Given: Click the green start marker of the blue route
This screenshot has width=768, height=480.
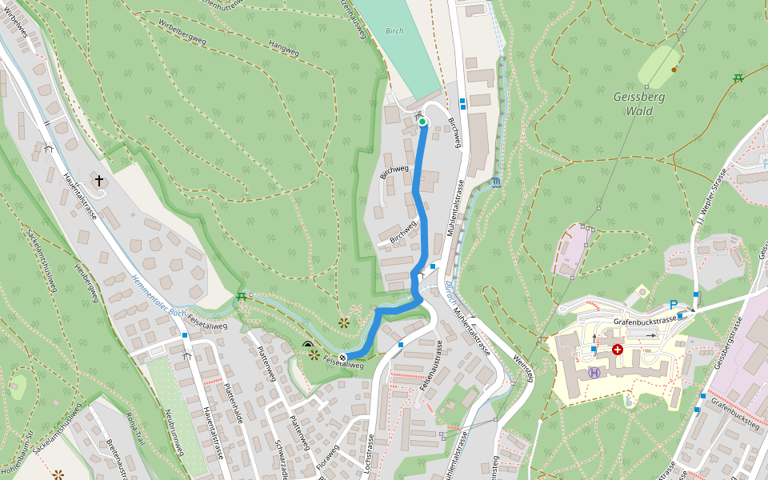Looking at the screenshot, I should click(422, 122).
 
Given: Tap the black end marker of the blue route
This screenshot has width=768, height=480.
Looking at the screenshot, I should click(343, 357).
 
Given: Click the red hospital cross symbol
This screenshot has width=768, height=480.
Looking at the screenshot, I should click(617, 350).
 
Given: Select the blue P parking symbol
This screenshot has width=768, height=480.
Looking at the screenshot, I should click(674, 305).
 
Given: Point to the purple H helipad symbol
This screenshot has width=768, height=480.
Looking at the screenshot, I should click(594, 372).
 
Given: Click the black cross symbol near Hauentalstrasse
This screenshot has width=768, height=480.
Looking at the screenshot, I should click(100, 182).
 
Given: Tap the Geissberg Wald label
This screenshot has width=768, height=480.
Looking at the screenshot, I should click(639, 103).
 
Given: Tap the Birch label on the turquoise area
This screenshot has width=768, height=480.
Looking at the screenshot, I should click(394, 31).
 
